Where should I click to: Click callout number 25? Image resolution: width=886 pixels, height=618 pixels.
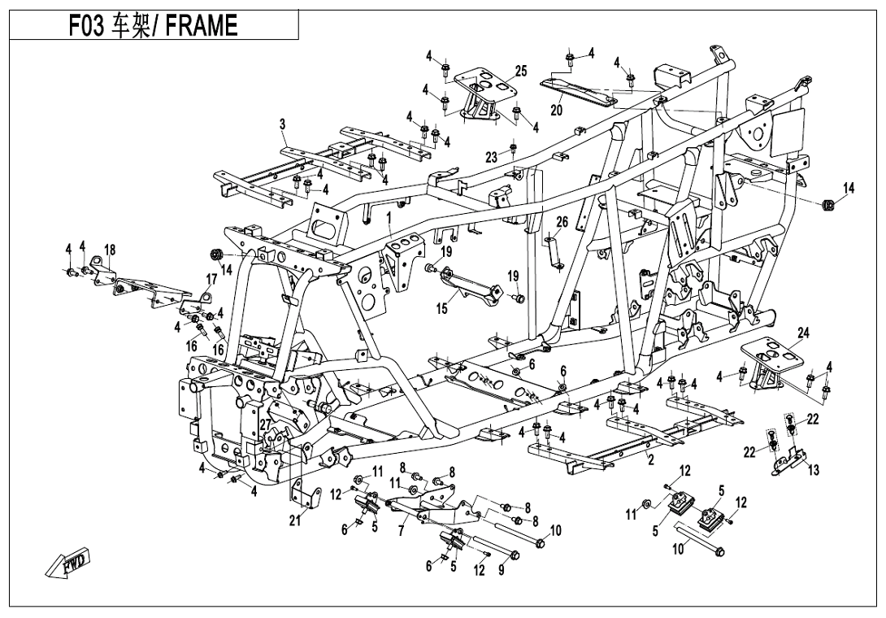(521, 72)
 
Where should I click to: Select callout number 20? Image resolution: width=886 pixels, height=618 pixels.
(556, 111)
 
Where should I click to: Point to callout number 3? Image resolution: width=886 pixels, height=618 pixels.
(282, 124)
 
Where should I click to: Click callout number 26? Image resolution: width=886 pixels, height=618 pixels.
(561, 221)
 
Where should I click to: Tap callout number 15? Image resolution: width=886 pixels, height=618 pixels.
(441, 308)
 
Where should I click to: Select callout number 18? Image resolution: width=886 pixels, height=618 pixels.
(110, 250)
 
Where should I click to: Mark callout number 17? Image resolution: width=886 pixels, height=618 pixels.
(211, 279)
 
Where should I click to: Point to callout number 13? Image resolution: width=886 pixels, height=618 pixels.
(814, 470)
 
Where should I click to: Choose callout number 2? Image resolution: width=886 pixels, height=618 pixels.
(650, 461)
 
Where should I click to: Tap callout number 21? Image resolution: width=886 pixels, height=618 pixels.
(294, 521)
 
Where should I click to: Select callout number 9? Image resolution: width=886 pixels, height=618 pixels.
(501, 570)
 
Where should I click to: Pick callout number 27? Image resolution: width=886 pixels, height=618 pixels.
(265, 424)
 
